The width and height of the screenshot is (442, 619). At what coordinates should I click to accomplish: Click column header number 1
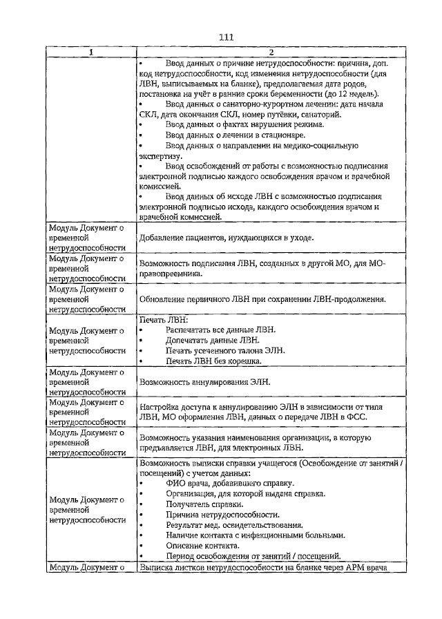pos(91,53)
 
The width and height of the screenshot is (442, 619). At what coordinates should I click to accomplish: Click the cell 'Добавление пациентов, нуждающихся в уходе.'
pos(227,238)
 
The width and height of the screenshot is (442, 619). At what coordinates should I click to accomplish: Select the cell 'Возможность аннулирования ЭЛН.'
pos(204,381)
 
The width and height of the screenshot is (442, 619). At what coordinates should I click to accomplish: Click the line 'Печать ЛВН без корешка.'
pos(213,361)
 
